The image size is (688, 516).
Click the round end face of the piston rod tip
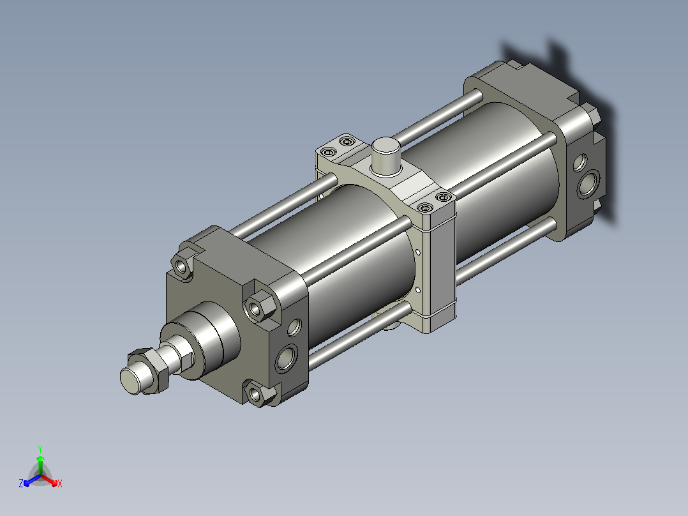pos(130,381)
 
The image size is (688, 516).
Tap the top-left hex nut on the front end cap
pos(182,266)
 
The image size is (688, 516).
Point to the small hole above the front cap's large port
pos(294,327)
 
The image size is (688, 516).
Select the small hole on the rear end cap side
pos(580,162)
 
